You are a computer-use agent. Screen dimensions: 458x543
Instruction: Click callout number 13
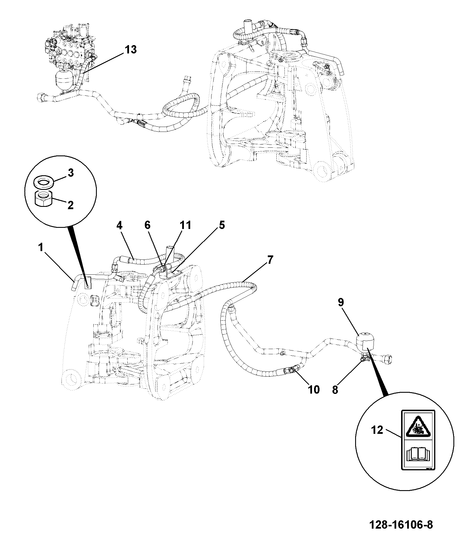click(130, 50)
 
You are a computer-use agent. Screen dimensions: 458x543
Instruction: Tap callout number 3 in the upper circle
click(70, 173)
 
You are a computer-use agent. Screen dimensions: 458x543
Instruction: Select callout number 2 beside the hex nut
click(70, 205)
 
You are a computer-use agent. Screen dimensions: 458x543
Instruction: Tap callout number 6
click(147, 226)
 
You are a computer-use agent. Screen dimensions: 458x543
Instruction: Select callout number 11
click(185, 226)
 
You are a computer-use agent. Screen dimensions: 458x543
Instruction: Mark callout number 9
click(341, 303)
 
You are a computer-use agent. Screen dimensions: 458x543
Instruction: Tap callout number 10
click(313, 390)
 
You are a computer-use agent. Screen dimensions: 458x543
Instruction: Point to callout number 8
click(335, 390)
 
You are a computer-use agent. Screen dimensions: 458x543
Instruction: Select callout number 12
click(377, 430)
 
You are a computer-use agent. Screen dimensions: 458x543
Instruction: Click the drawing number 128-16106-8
click(401, 525)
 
